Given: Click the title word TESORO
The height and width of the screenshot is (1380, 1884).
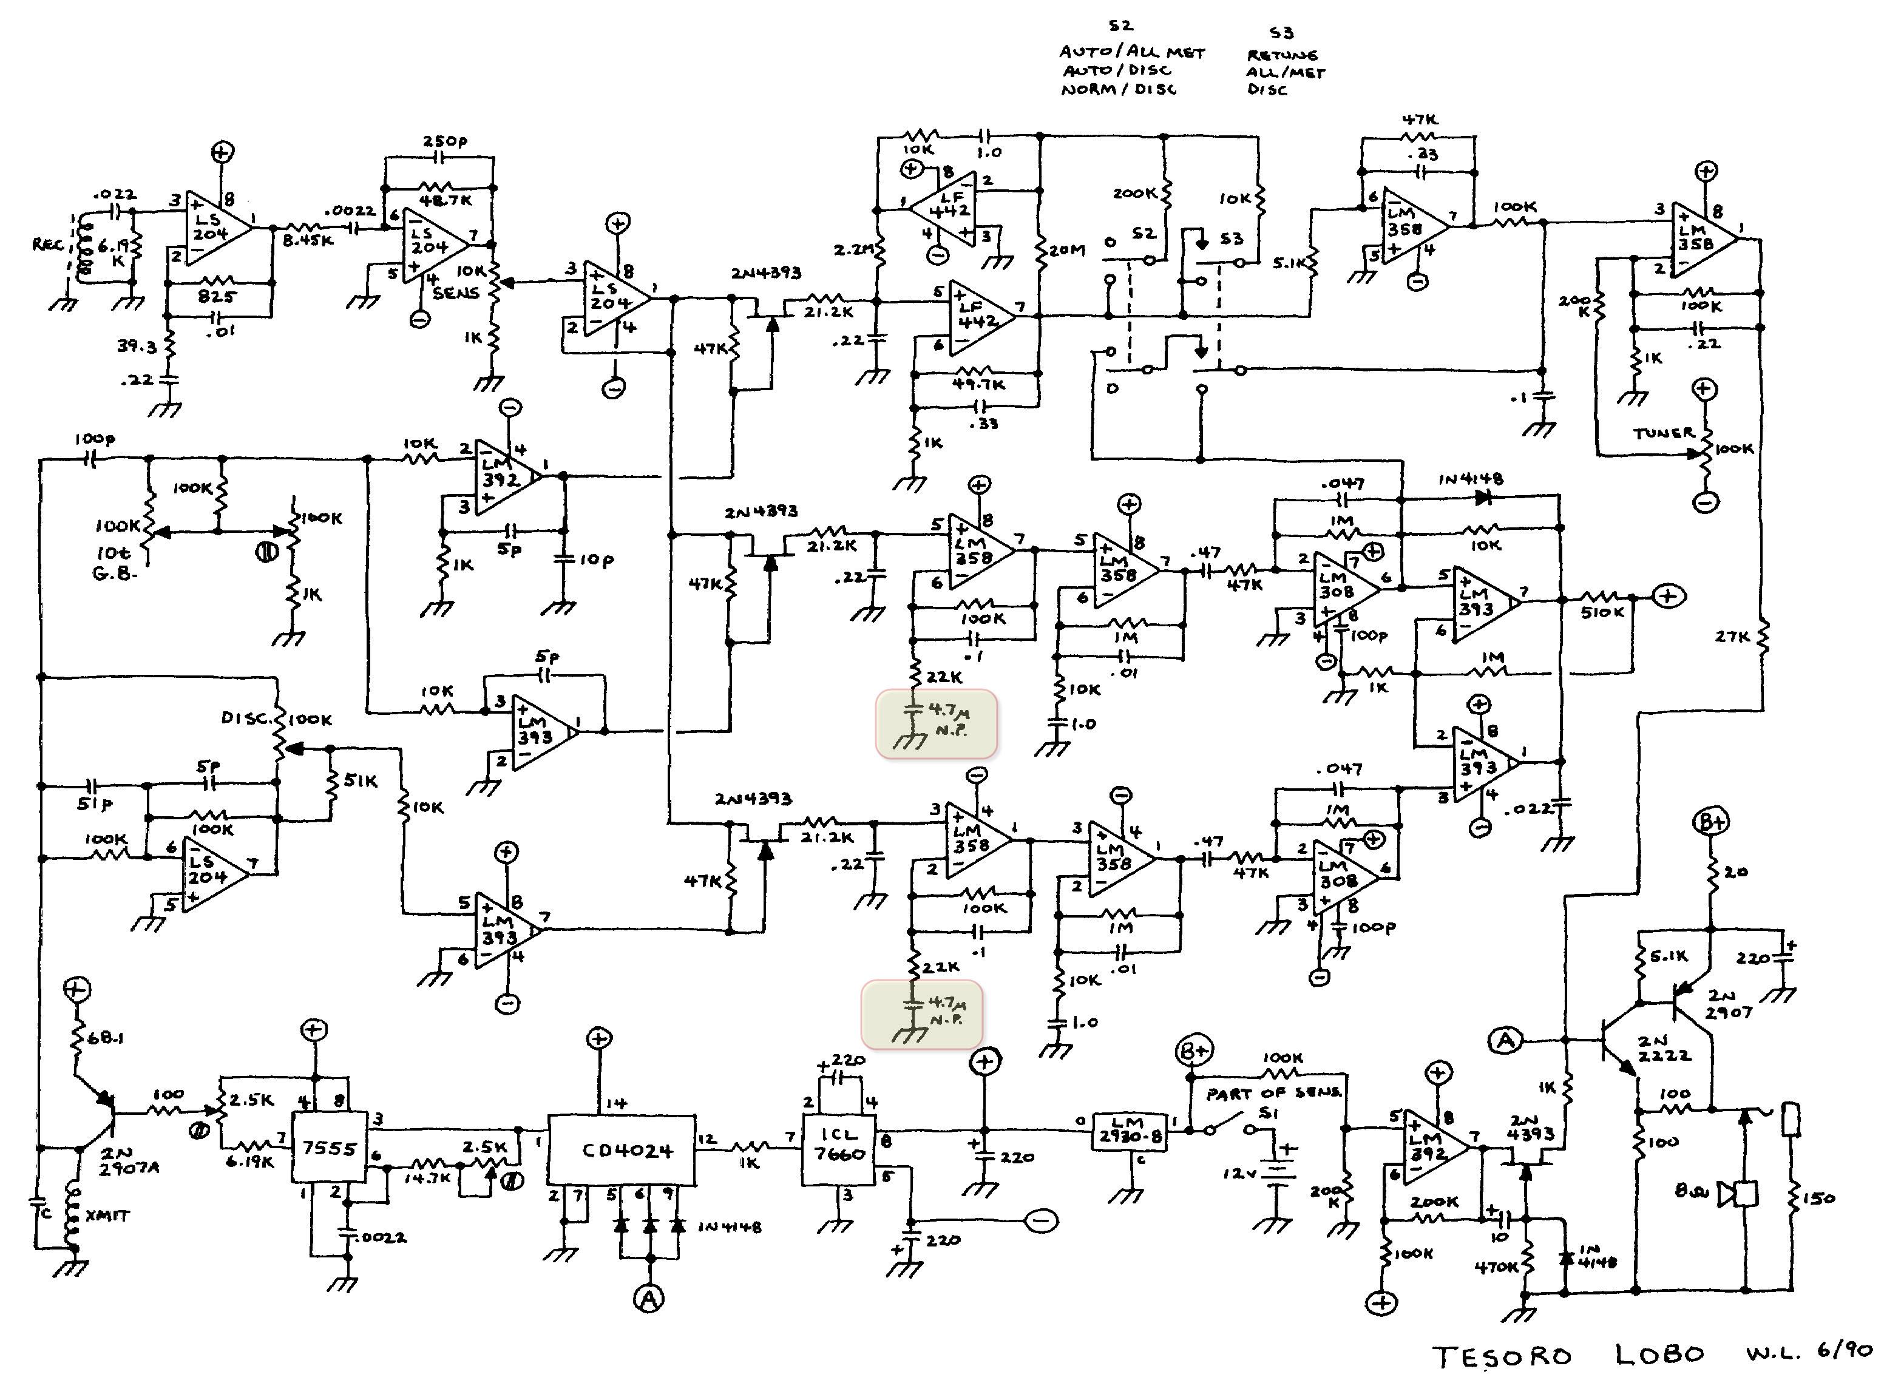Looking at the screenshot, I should (1502, 1356).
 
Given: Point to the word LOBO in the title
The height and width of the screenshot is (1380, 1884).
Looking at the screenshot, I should (1659, 1354).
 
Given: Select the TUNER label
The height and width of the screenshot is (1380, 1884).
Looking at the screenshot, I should (1664, 433).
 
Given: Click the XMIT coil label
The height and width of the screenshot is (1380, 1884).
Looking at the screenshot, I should (107, 1216).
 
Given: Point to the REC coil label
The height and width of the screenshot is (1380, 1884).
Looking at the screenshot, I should (47, 244).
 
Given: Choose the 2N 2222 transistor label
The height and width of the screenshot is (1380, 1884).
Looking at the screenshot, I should (1664, 1049).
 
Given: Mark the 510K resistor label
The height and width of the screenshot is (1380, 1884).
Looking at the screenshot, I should (1602, 612).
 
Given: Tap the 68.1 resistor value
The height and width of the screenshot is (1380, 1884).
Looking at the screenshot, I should (107, 1038).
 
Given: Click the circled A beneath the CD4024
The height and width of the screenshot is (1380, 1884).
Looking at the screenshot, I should (648, 1298).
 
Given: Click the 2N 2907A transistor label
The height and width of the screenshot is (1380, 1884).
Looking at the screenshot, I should (128, 1161).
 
